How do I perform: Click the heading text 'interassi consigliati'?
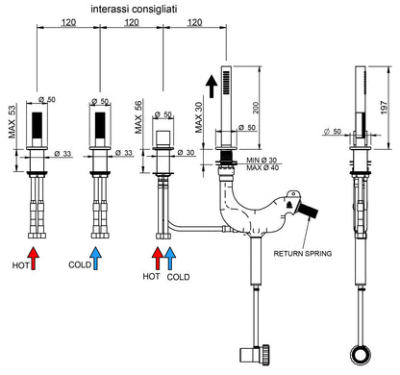coord(134,10)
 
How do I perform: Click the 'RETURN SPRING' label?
coord(303,254)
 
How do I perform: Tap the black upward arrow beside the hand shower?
coord(212,87)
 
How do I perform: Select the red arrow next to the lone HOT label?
coord(34,258)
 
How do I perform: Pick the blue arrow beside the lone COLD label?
coord(95,258)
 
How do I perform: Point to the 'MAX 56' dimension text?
coord(137,117)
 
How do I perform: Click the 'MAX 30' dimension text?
coord(199,117)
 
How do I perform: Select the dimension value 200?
coord(256,108)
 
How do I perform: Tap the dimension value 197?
coord(384,108)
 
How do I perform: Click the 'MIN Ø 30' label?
coord(262,161)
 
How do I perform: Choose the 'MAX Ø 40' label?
coord(262,167)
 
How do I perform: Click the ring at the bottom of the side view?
coord(361,355)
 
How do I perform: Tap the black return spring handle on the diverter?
coord(309,211)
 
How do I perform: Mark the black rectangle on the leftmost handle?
coord(37,125)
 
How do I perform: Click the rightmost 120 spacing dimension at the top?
coord(194,22)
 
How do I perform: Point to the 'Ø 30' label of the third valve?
coord(187,153)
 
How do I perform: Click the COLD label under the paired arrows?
coord(178,277)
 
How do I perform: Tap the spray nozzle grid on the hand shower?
coord(226,83)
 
